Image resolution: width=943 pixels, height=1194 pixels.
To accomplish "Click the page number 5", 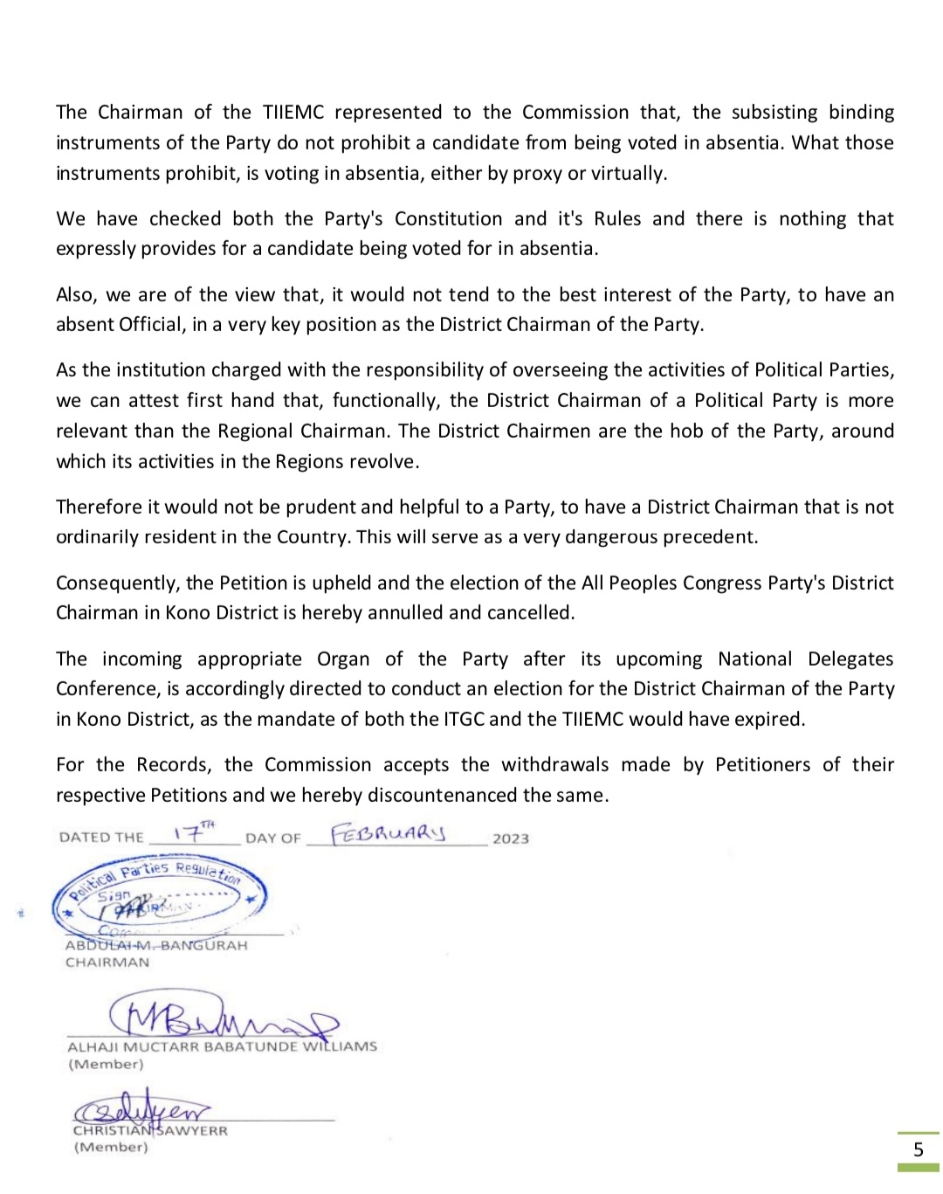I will point(918,1149).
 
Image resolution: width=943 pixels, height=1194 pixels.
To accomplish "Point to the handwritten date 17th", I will point(193,832).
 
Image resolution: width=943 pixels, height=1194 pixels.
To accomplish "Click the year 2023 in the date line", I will point(511,839).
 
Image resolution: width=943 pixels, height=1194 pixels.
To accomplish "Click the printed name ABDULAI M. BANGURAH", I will point(156,945).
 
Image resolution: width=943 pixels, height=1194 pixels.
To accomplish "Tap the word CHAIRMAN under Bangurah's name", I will point(107,963).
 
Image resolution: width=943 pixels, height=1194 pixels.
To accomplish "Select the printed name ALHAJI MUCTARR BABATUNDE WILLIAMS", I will point(222,1046).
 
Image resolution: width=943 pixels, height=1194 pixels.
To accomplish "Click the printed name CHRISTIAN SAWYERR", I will point(150,1130).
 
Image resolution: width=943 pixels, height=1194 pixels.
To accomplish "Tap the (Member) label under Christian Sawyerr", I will point(111,1147).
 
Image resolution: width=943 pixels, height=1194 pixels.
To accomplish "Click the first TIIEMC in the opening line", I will point(293,112).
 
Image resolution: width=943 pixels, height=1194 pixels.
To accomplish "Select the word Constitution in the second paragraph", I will point(448,218).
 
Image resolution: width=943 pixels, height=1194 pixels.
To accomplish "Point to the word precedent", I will point(709,536).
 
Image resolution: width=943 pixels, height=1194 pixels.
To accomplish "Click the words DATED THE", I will point(101,837).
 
